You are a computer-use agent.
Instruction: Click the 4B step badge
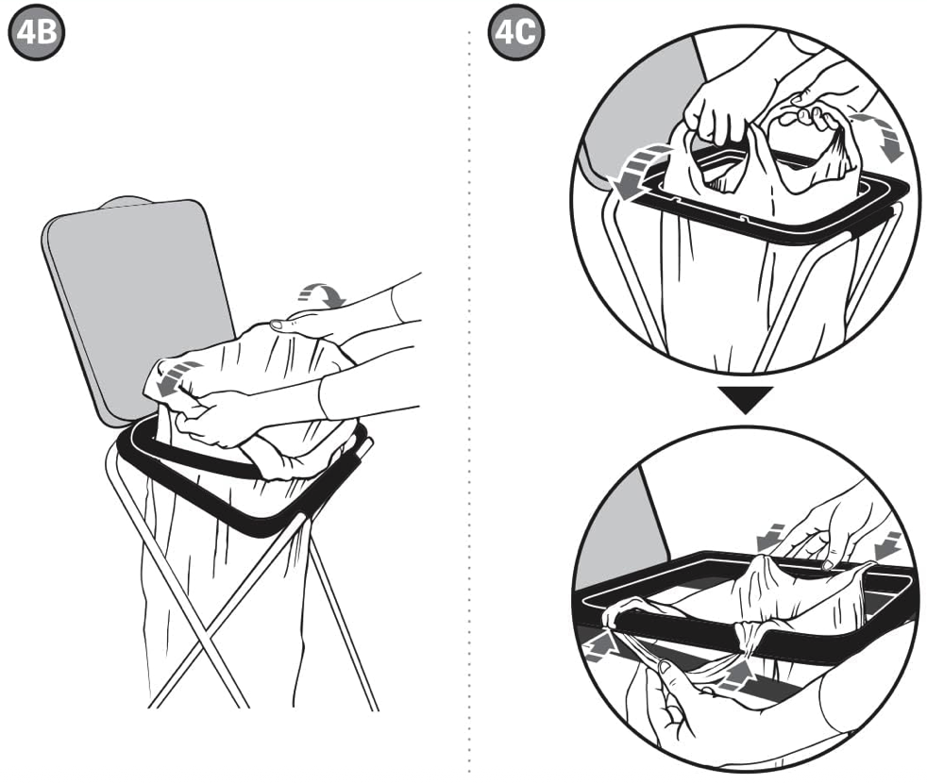tap(36, 32)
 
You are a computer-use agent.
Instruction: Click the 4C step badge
tap(515, 32)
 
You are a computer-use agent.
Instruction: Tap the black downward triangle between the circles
tap(746, 399)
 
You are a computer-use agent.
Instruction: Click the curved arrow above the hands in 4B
tap(322, 293)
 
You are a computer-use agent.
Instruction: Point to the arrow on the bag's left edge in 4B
tap(177, 378)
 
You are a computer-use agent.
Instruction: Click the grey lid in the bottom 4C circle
tap(621, 532)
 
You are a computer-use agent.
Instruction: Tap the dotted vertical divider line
tap(470, 402)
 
